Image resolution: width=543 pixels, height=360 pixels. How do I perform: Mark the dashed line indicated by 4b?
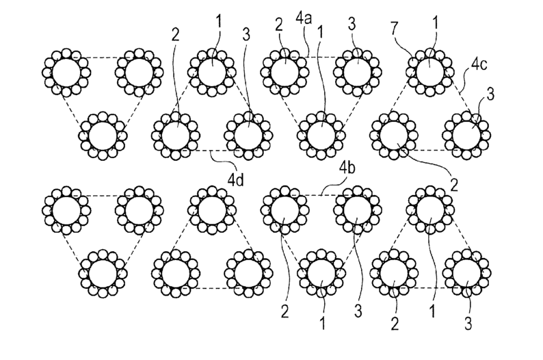pyautogui.click(x=321, y=196)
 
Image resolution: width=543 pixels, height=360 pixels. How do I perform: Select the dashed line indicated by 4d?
pyautogui.click(x=212, y=149)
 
